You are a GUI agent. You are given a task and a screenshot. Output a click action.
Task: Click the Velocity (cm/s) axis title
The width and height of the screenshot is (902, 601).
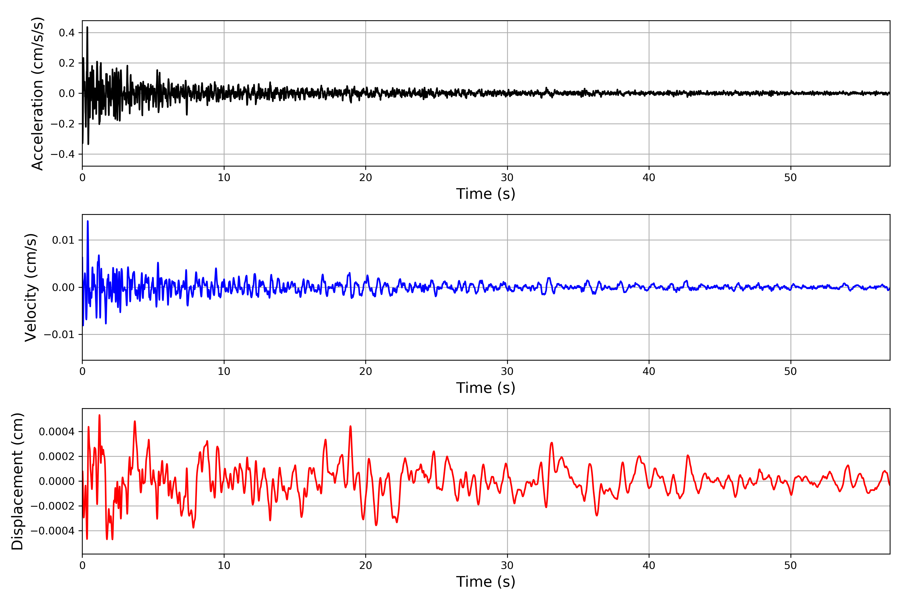31,287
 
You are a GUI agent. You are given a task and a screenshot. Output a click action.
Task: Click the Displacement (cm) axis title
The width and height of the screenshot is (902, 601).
17,481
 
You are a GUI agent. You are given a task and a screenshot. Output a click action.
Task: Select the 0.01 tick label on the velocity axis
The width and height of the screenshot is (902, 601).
63,240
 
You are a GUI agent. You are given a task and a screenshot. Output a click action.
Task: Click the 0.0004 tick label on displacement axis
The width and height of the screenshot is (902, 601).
57,432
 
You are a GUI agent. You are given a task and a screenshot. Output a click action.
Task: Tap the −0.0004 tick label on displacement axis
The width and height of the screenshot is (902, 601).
53,531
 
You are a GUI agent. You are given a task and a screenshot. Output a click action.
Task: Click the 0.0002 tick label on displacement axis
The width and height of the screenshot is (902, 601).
57,457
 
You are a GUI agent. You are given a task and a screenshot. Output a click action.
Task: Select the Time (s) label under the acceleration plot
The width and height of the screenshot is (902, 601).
486,194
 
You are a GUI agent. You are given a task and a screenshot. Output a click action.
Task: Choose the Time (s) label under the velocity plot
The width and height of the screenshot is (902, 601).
486,388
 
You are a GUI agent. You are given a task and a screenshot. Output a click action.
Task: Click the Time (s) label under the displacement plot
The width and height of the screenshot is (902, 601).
486,582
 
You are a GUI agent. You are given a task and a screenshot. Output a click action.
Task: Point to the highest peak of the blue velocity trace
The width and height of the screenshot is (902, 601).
88,221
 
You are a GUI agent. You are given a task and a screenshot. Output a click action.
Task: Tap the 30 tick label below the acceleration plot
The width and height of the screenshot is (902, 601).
507,178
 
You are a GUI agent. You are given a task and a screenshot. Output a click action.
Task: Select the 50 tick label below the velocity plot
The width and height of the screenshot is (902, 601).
791,371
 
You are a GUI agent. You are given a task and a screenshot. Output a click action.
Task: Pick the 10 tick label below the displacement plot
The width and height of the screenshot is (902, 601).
224,565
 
